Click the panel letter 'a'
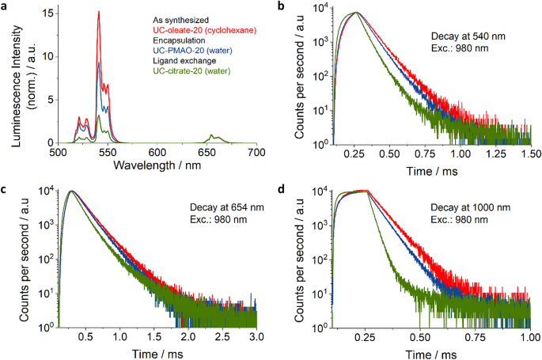pyautogui.click(x=6, y=6)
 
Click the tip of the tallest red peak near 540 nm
pyautogui.click(x=98, y=11)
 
